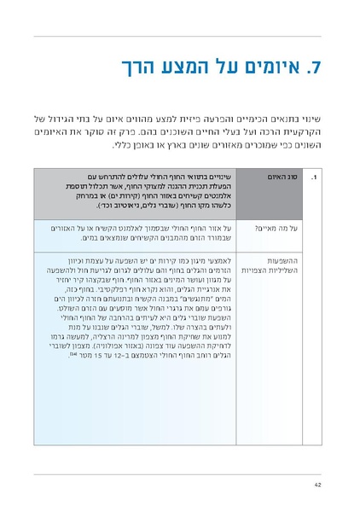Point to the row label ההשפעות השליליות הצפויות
point(263,267)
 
